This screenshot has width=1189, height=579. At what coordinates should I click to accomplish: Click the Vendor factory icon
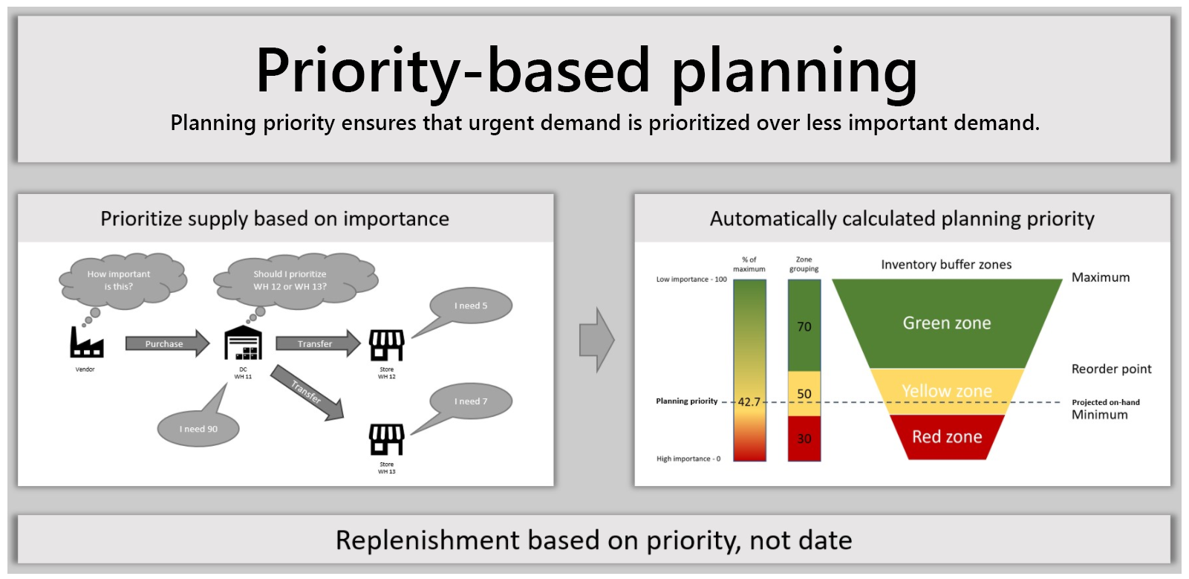(86, 343)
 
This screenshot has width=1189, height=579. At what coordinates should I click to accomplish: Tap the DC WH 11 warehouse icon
(243, 343)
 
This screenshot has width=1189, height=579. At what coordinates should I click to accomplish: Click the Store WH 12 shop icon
(387, 345)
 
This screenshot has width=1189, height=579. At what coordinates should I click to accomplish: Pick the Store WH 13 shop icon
(387, 439)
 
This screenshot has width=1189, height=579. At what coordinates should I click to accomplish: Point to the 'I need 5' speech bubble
(471, 305)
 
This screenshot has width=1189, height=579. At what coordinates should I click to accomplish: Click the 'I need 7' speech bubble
(471, 401)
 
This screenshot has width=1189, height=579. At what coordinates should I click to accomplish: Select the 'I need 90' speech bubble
(199, 429)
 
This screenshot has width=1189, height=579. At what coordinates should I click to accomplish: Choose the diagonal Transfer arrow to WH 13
(307, 392)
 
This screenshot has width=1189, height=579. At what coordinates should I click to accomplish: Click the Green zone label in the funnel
(947, 323)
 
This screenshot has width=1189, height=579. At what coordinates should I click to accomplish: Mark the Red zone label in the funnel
(947, 437)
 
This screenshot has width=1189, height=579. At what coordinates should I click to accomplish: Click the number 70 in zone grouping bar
(804, 327)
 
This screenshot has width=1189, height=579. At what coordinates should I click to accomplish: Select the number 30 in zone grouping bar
(804, 439)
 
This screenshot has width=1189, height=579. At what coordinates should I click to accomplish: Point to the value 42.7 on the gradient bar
(749, 402)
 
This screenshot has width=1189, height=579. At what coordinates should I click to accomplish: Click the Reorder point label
(1111, 369)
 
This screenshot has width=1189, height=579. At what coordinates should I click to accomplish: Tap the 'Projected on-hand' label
(1105, 402)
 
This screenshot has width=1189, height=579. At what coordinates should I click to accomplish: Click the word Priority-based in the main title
(452, 71)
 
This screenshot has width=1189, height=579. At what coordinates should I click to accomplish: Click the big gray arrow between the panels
(597, 340)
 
